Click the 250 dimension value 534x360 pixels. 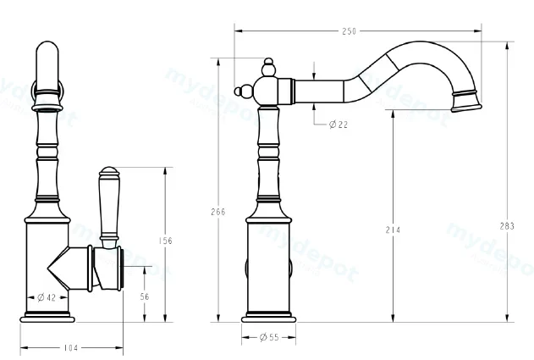349,31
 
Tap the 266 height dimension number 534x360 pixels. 218,212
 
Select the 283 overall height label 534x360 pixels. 507,226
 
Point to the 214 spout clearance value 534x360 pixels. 393,230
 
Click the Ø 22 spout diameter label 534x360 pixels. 339,125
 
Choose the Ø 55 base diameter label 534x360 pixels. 269,337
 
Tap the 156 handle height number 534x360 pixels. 166,241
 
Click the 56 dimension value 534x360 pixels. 145,296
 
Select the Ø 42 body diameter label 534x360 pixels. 47,297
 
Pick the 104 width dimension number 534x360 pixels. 71,348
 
